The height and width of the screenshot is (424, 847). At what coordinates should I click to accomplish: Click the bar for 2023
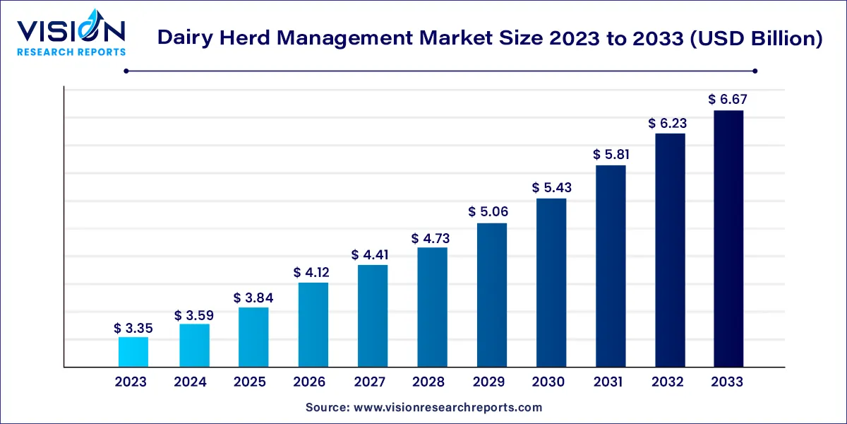coord(133,352)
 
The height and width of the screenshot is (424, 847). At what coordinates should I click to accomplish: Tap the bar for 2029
coord(491,295)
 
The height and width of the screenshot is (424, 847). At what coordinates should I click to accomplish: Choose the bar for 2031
coord(610,266)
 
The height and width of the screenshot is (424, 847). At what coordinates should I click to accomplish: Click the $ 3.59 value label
coord(193,314)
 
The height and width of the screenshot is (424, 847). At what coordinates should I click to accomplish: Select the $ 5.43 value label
coord(551,188)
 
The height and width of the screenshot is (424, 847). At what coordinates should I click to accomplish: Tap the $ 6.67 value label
coord(728,100)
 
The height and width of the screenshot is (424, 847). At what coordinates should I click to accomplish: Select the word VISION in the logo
coord(71,31)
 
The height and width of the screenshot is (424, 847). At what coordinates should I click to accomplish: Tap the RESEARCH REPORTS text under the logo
coord(71,52)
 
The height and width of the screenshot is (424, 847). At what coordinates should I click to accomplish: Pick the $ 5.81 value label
coord(610,155)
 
